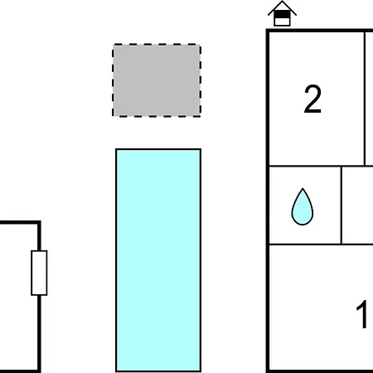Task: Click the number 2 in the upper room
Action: coord(312,99)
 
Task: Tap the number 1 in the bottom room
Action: coord(362,314)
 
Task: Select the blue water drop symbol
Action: coord(303,206)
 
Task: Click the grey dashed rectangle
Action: coord(157,80)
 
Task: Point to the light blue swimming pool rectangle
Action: coord(158,260)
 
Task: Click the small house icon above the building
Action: coord(282,14)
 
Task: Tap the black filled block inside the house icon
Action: coord(282,15)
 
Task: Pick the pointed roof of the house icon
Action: coord(282,7)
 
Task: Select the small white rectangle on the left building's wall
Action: coord(39,273)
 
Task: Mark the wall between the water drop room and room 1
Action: coord(321,245)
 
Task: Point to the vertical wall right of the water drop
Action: coord(342,205)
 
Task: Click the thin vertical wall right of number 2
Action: coord(365,99)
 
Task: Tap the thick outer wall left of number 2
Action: coord(268,99)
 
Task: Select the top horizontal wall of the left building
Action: coord(20,223)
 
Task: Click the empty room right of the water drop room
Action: coord(358,205)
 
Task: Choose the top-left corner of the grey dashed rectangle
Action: coord(113,44)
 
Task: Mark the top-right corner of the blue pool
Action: coord(201,149)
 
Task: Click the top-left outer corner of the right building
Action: coord(267,29)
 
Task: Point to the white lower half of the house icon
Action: coord(282,22)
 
